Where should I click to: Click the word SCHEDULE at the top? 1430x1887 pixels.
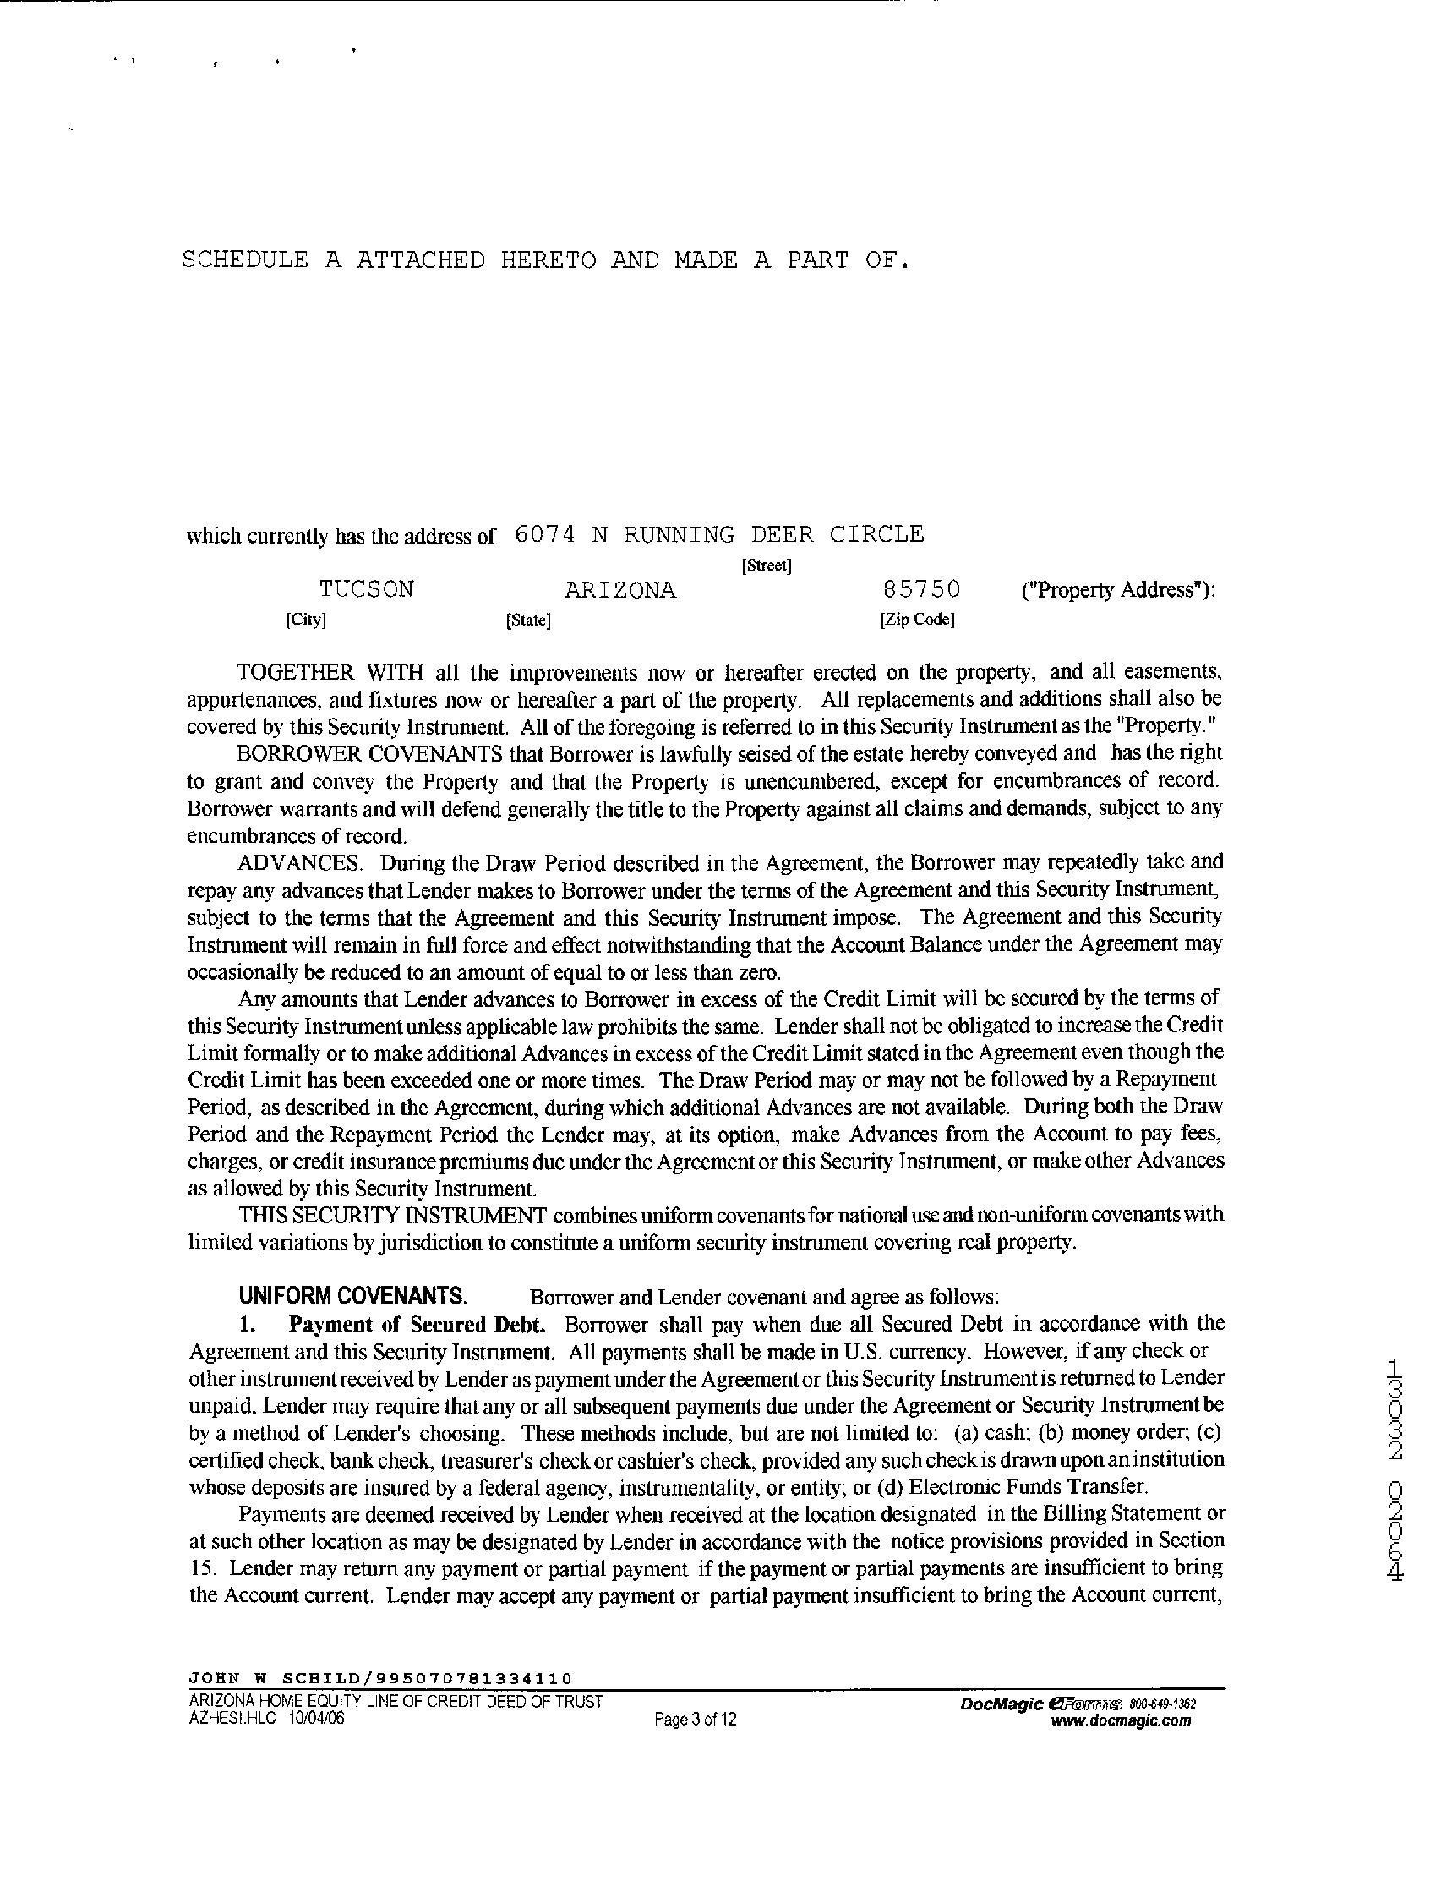click(x=246, y=260)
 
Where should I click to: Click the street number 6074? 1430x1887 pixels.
click(x=546, y=535)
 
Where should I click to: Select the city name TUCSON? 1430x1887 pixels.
click(x=367, y=589)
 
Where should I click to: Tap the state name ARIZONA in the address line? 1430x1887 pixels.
click(x=620, y=590)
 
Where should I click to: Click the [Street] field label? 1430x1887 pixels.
click(x=767, y=565)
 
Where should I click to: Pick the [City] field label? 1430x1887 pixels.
click(x=306, y=621)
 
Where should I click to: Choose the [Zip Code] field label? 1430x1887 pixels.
click(x=917, y=621)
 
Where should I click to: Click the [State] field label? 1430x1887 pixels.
click(x=528, y=621)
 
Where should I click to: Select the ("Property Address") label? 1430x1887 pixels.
click(x=1118, y=590)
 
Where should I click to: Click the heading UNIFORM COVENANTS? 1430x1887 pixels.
click(x=352, y=1296)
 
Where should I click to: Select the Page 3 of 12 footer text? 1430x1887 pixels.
click(x=695, y=1719)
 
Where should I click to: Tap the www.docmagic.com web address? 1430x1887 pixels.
click(x=1122, y=1720)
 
